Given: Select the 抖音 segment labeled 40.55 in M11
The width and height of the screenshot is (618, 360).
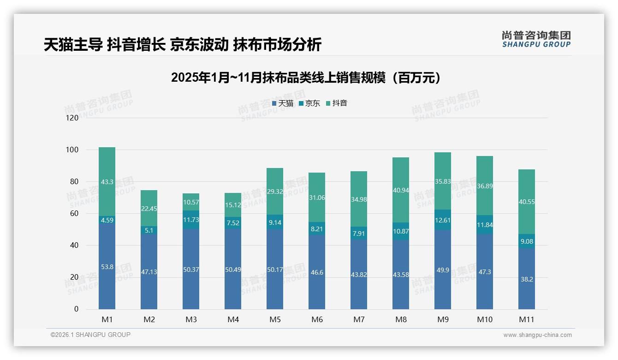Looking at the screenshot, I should click(x=526, y=202).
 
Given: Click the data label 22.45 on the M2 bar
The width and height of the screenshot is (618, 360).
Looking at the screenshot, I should click(x=149, y=209).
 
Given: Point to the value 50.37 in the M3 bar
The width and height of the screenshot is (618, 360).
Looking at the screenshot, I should click(x=191, y=270).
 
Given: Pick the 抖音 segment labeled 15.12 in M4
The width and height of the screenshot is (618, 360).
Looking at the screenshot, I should click(x=233, y=205).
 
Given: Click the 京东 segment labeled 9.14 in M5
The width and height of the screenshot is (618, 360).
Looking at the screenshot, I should click(x=275, y=222).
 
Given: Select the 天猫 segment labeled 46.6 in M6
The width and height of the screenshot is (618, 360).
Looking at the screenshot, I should click(x=317, y=273).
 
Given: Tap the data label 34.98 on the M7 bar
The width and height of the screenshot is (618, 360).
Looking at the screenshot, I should click(x=359, y=199).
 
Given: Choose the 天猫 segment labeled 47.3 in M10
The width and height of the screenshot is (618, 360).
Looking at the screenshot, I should click(x=485, y=272).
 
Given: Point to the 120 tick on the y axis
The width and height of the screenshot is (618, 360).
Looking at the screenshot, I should click(x=72, y=118).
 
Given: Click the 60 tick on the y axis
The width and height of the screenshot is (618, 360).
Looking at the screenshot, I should click(x=74, y=214).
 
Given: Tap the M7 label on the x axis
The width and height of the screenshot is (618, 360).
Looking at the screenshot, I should click(x=359, y=319).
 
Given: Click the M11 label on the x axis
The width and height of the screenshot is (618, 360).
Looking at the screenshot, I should click(x=526, y=319).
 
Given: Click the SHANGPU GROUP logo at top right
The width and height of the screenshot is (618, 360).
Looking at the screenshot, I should click(x=536, y=39).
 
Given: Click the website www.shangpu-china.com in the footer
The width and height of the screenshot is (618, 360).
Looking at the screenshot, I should click(x=537, y=335).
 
